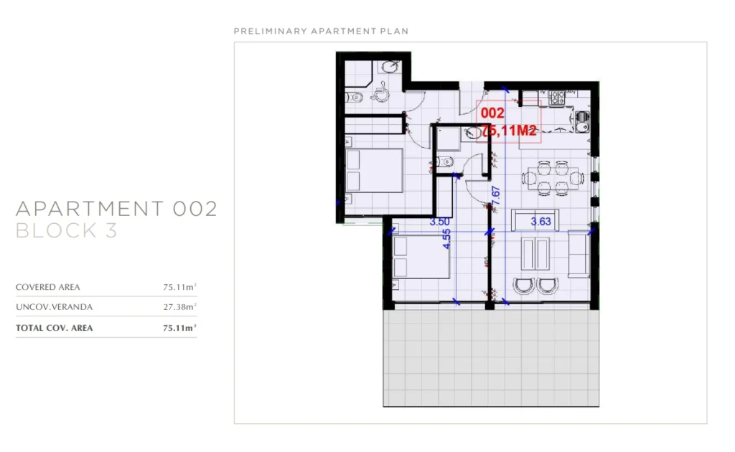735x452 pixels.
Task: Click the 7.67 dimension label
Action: (495, 195)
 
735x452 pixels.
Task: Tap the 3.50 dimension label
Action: (440, 222)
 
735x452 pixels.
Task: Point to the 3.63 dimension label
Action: (541, 222)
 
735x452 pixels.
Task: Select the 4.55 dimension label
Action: (446, 239)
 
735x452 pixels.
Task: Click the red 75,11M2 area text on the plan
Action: (509, 131)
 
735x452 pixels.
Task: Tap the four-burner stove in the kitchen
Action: (557, 98)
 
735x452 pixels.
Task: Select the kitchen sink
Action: (582, 121)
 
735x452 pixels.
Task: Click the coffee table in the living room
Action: (535, 253)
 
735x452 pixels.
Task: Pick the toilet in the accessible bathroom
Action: (354, 98)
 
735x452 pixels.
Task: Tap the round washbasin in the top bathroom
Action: (390, 67)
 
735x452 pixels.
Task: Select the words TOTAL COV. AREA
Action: (55, 328)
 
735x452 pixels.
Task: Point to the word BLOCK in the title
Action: (56, 230)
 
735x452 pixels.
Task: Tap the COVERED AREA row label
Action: (48, 287)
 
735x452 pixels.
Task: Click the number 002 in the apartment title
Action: (195, 209)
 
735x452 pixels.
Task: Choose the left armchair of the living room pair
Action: (523, 286)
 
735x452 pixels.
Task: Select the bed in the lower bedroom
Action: (421, 258)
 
